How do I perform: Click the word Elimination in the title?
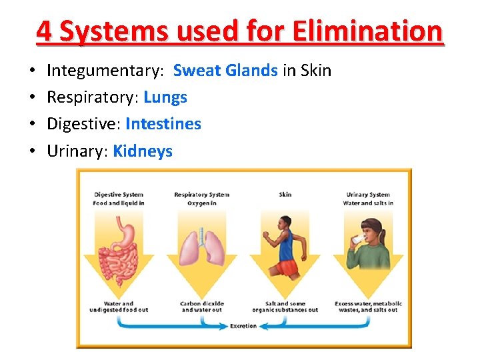[367, 31]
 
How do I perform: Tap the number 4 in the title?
[43, 31]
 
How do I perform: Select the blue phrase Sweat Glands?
[225, 70]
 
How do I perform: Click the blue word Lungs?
[165, 97]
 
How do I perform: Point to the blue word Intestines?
[163, 124]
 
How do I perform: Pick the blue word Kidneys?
[143, 151]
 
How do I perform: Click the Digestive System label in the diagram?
[119, 195]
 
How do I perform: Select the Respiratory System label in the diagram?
[202, 195]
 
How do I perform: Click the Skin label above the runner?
[285, 195]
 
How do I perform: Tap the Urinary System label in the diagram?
[368, 195]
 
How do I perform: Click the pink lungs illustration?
[202, 249]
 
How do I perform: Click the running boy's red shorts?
[287, 268]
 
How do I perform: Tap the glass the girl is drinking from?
[359, 238]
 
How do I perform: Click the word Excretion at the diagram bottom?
[243, 326]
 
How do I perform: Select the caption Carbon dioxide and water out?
[202, 307]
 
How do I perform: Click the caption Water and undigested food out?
[119, 307]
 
